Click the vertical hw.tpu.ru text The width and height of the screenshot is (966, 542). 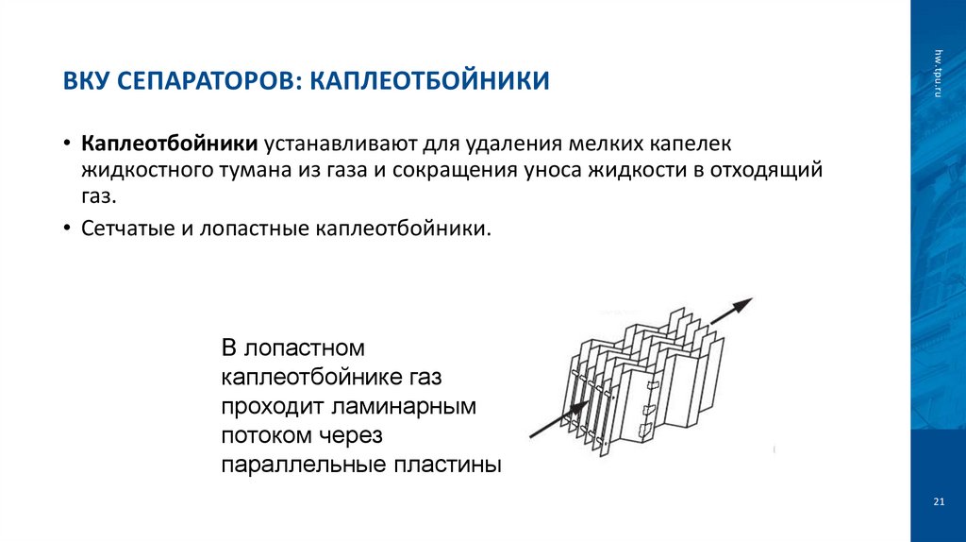(x=939, y=70)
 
